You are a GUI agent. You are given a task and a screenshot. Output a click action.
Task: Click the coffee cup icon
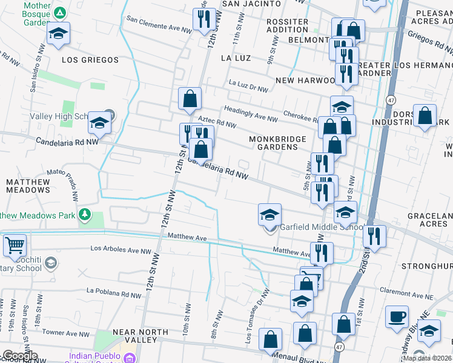tap(397, 316)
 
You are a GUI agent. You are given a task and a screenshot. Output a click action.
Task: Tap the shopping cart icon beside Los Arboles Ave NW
tap(15, 245)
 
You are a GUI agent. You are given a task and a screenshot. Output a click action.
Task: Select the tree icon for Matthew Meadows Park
tap(85, 215)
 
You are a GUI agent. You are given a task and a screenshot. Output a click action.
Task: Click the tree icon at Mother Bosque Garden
tap(60, 13)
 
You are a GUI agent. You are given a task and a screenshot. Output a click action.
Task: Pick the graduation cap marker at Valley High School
tap(99, 123)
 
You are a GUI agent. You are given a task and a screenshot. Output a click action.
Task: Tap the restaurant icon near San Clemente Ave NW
tap(202, 19)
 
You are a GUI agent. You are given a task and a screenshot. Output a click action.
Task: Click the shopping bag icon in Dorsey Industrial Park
tap(425, 114)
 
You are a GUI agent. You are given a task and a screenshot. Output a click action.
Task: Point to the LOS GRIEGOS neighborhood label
tap(90, 60)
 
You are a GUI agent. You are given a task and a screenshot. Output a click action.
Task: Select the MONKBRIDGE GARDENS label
tap(278, 143)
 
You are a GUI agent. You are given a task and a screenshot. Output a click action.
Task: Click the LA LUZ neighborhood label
tap(236, 58)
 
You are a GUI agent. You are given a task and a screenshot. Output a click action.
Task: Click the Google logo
tap(19, 356)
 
